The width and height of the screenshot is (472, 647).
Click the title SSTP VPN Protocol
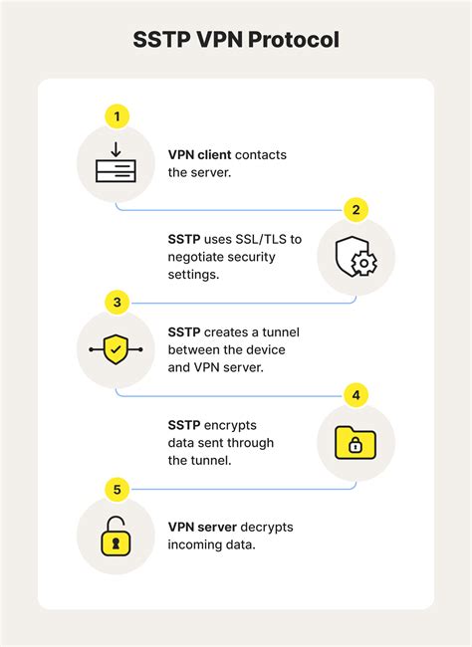coord(236,41)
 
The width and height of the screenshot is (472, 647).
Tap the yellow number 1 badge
coord(117,116)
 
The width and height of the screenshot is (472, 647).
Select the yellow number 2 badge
coord(355,210)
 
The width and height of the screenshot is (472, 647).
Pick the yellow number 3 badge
coord(117,302)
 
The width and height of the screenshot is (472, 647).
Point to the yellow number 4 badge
coord(355,395)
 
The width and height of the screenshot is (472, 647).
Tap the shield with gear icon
coord(355,256)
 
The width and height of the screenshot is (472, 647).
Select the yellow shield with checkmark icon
coord(116,349)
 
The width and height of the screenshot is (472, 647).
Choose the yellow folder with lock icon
coord(355,443)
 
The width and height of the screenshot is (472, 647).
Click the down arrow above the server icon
coord(116,150)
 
